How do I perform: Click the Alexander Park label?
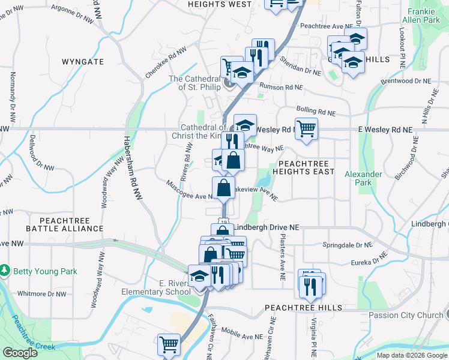coord(363,178)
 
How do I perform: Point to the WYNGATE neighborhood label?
coord(83,62)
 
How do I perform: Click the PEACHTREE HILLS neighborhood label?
coord(304,308)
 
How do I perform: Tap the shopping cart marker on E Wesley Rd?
coord(306,129)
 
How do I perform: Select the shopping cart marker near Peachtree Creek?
coord(169,345)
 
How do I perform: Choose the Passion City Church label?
coord(405,315)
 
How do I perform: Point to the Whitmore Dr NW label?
coord(42,294)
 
